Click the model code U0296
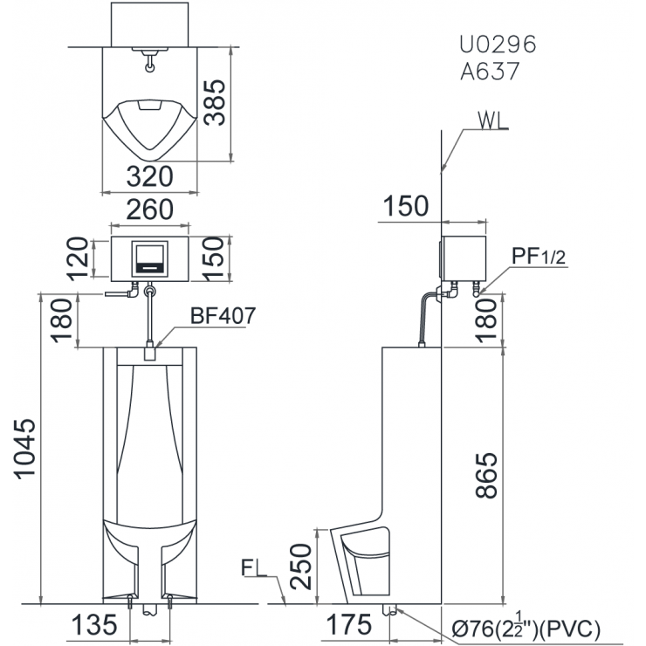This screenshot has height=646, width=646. pos(498,44)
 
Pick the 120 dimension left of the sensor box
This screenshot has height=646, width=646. pos(79,258)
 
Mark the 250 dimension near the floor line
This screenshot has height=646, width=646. pos(301,567)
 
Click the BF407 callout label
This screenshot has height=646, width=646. pos(223,316)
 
